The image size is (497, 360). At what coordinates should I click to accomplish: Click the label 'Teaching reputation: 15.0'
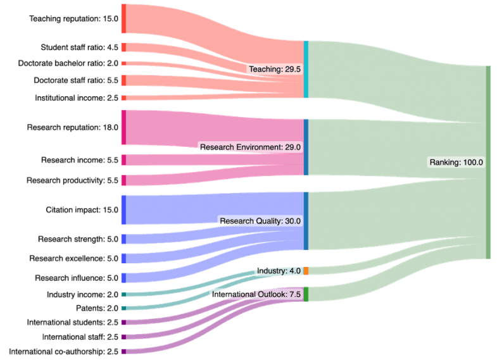click(x=74, y=19)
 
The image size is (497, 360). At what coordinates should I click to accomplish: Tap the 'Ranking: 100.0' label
click(x=456, y=162)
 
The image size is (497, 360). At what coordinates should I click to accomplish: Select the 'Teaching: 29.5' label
click(x=274, y=69)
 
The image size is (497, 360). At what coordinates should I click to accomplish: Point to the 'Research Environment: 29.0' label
click(x=250, y=147)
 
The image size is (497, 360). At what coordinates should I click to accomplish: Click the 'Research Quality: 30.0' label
click(x=260, y=221)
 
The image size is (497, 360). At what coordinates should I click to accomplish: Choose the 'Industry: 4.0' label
click(x=279, y=271)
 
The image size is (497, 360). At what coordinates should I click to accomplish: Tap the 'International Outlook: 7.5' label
click(x=256, y=294)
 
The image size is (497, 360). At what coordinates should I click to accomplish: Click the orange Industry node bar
click(x=306, y=271)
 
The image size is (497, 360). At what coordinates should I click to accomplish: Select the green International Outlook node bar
click(x=306, y=294)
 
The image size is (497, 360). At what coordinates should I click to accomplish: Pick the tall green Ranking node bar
click(x=488, y=162)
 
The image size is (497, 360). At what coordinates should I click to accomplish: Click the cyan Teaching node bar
click(x=306, y=69)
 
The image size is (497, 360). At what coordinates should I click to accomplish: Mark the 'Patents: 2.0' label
click(x=98, y=308)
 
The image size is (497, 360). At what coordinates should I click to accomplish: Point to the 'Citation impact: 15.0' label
click(x=82, y=209)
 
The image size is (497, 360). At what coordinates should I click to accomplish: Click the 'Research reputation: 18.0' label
click(x=72, y=127)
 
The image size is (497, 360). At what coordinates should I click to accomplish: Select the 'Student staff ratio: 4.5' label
click(x=79, y=47)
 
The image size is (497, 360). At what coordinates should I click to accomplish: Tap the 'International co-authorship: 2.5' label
click(x=63, y=351)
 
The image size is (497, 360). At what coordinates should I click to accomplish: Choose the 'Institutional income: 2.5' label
click(x=76, y=98)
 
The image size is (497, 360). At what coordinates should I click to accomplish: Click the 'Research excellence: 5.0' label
click(x=73, y=258)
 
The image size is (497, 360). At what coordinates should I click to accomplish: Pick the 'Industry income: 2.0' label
click(x=82, y=294)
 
